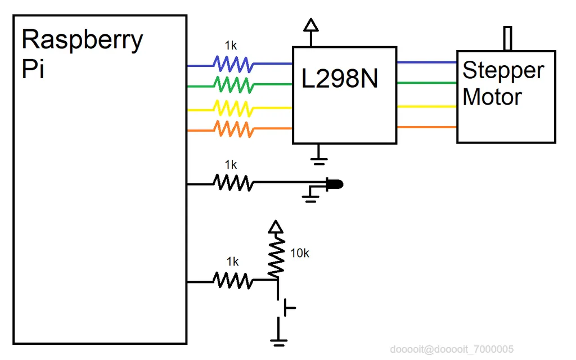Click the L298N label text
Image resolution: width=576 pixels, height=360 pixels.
click(x=340, y=79)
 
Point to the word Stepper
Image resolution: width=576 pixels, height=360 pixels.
click(x=503, y=71)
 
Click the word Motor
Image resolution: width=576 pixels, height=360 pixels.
click(x=492, y=97)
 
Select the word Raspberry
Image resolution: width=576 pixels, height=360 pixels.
click(x=82, y=40)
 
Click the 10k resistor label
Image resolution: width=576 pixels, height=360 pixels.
click(x=299, y=254)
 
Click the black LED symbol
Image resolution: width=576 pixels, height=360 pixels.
click(x=334, y=184)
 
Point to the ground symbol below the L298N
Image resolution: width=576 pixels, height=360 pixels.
click(x=319, y=160)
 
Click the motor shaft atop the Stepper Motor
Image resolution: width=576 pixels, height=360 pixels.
click(x=508, y=39)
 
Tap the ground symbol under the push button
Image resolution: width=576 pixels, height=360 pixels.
click(x=278, y=339)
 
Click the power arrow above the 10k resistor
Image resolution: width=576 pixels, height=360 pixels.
click(x=275, y=227)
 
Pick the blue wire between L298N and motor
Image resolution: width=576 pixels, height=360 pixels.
click(x=426, y=62)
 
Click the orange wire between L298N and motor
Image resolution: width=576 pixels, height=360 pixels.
click(x=426, y=127)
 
